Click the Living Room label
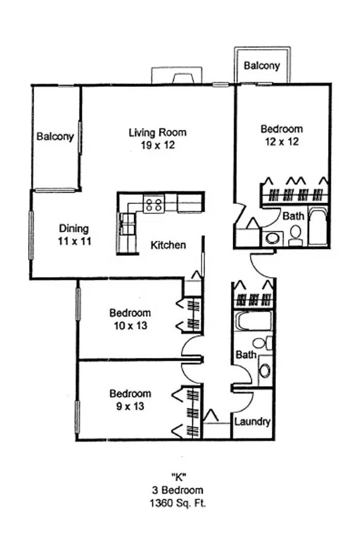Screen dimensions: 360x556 (x=158, y=133)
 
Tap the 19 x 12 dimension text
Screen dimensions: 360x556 (x=158, y=145)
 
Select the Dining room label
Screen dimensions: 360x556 (x=74, y=229)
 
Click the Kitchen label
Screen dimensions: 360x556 (x=168, y=245)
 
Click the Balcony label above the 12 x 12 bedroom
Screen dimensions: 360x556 (x=262, y=65)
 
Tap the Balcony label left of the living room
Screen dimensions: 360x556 (x=55, y=136)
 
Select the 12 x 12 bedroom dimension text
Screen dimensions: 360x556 (x=282, y=142)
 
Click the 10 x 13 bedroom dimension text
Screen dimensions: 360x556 (x=130, y=325)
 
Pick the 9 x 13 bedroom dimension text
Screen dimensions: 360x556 (x=130, y=406)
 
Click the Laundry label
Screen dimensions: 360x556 (x=252, y=422)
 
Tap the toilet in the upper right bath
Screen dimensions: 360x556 (x=296, y=235)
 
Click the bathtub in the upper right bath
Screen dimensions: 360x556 (x=318, y=227)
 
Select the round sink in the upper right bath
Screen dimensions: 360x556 (x=272, y=238)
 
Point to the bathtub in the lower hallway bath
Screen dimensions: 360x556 (x=253, y=321)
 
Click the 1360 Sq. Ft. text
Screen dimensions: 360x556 (x=178, y=503)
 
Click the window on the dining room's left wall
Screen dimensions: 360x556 (x=31, y=235)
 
